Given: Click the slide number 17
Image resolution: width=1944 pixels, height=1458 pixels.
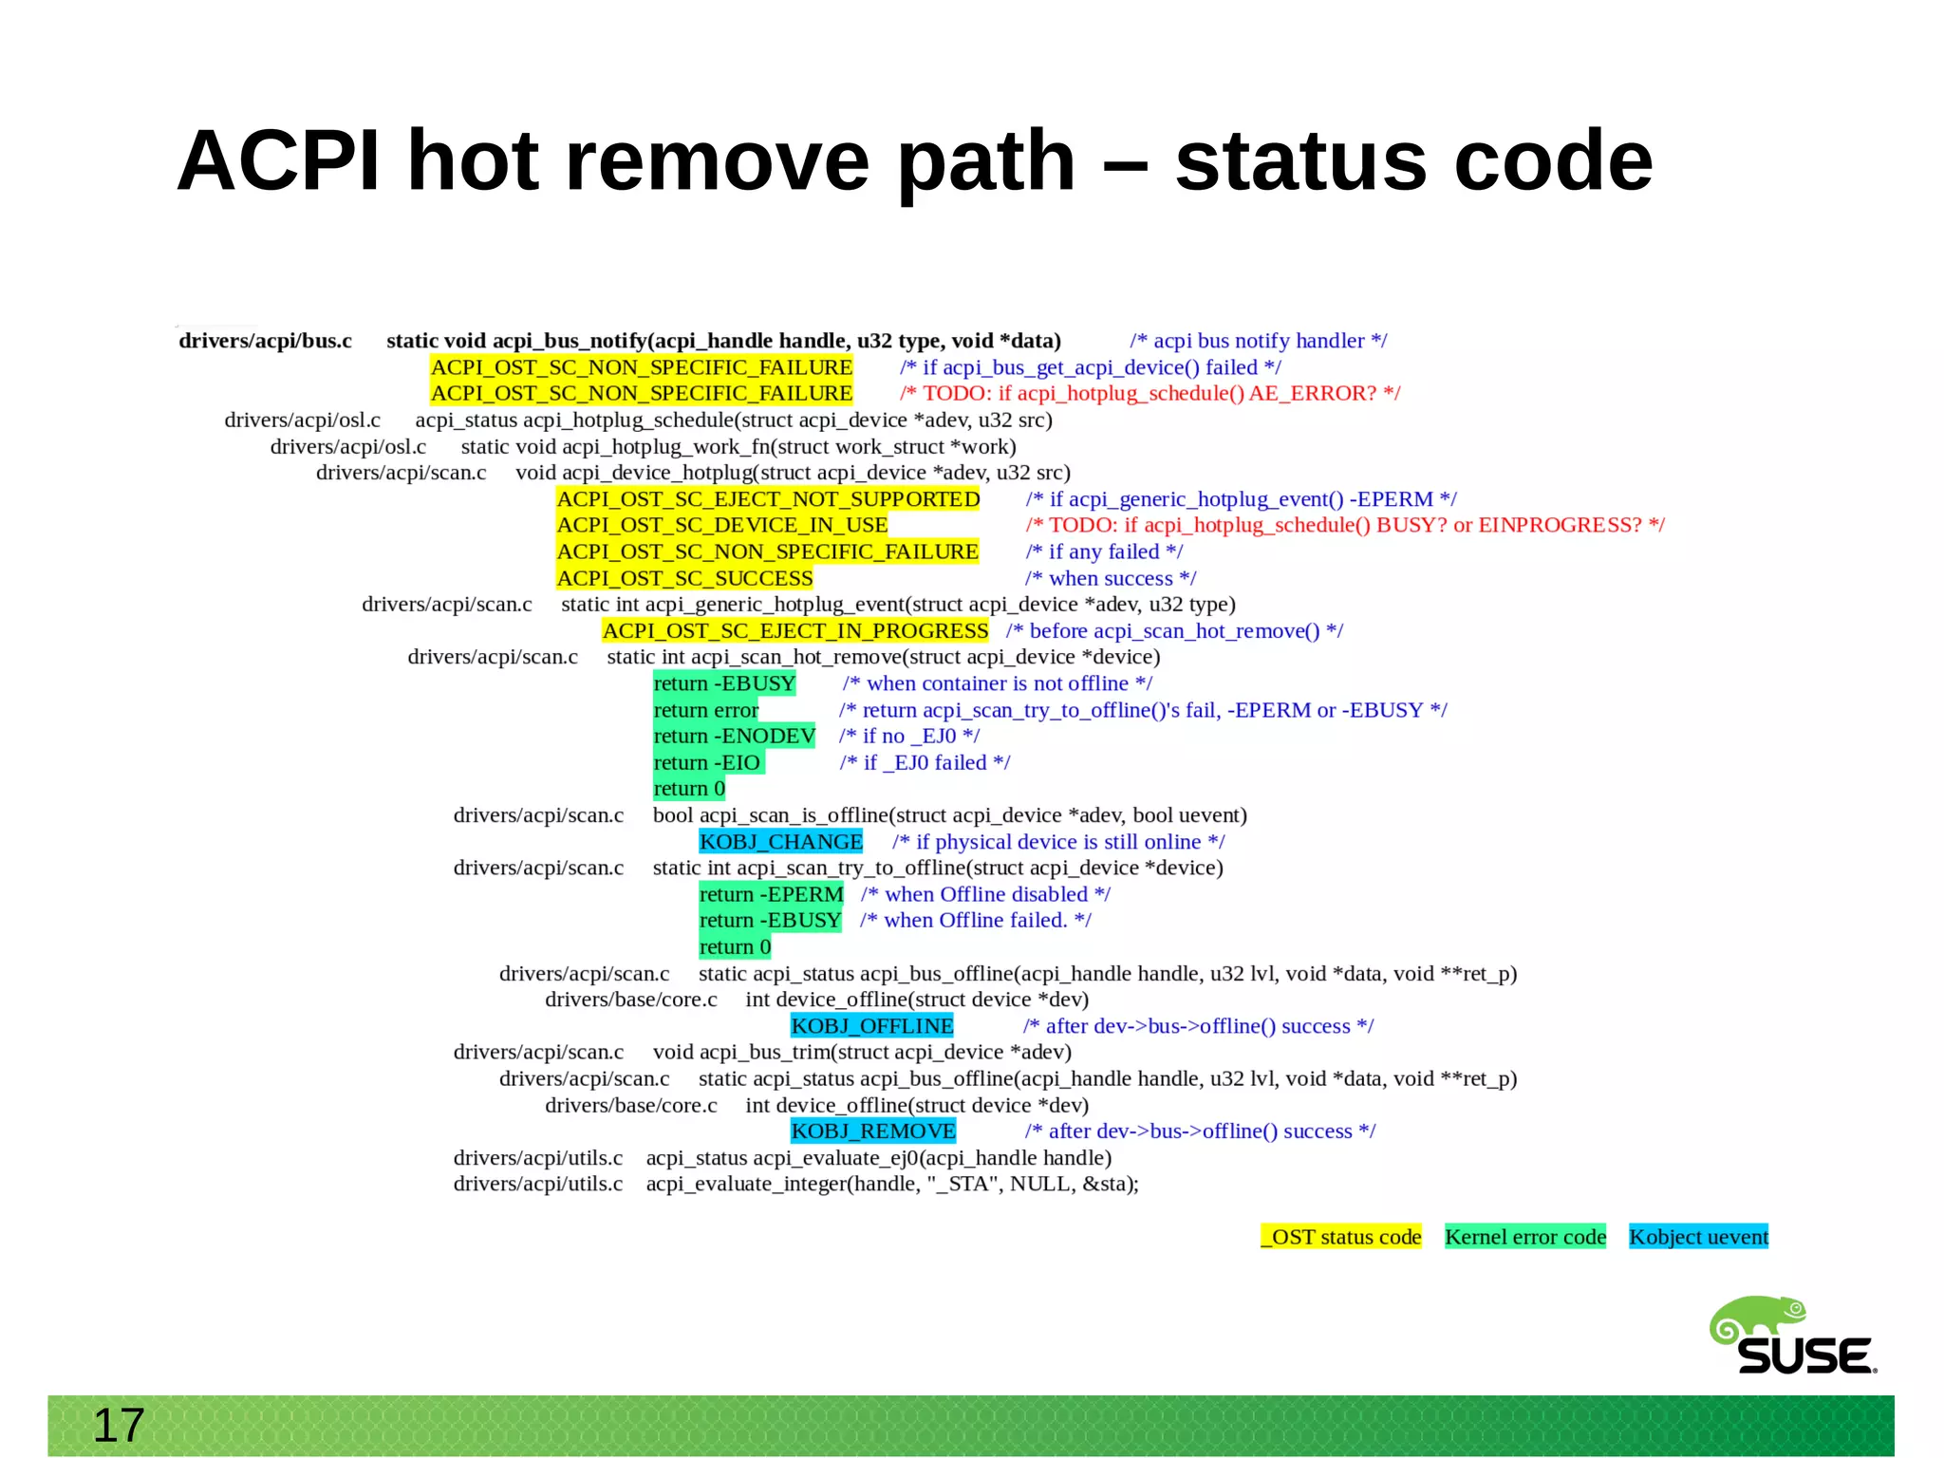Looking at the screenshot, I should pyautogui.click(x=119, y=1426).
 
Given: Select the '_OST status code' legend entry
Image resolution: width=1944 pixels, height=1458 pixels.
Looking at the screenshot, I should pyautogui.click(x=1340, y=1237).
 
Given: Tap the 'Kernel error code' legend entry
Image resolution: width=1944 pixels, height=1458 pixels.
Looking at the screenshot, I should pyautogui.click(x=1524, y=1237).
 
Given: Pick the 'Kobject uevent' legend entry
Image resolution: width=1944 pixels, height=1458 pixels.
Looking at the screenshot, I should pyautogui.click(x=1698, y=1237).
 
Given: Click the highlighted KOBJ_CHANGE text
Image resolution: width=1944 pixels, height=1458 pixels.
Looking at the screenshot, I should pyautogui.click(x=780, y=842).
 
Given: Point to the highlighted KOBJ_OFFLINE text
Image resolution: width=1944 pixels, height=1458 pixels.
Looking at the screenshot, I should pyautogui.click(x=871, y=1026).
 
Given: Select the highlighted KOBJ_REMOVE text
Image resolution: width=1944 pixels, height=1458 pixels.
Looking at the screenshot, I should pyautogui.click(x=873, y=1131).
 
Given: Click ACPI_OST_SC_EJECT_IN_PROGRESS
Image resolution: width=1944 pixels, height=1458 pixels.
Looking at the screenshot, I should pyautogui.click(x=795, y=631).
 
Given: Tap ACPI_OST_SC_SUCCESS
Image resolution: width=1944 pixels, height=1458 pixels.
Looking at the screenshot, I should pyautogui.click(x=684, y=578).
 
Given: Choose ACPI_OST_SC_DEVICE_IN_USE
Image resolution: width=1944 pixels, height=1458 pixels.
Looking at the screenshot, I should pyautogui.click(x=722, y=525).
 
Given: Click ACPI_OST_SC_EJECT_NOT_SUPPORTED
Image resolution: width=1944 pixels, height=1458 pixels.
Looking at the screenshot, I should pyautogui.click(x=768, y=499).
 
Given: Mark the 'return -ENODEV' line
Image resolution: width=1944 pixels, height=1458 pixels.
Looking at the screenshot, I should pyautogui.click(x=734, y=737).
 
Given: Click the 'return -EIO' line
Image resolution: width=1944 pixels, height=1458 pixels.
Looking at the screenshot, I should pyautogui.click(x=707, y=763).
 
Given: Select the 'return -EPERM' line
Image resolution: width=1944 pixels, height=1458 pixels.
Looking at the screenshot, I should pyautogui.click(x=771, y=894).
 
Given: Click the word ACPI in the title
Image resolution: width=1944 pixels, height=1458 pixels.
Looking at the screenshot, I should pyautogui.click(x=278, y=160).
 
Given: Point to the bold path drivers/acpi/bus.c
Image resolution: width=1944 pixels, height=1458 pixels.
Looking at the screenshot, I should pyautogui.click(x=265, y=341).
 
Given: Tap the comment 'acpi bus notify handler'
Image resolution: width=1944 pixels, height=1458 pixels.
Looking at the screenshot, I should pyautogui.click(x=1258, y=341).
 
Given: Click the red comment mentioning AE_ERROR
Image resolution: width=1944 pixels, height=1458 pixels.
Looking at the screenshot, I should pyautogui.click(x=1150, y=393).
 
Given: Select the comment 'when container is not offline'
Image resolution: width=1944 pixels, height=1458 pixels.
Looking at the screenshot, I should pyautogui.click(x=997, y=683).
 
